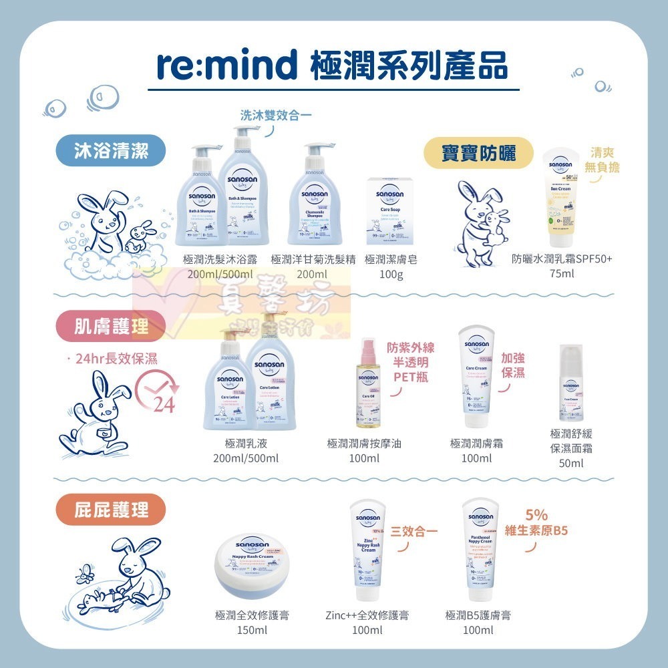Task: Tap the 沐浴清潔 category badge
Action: click(x=110, y=152)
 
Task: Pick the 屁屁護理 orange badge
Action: click(x=110, y=511)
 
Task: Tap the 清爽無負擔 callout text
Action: click(x=601, y=160)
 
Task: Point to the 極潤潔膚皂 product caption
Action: click(x=391, y=260)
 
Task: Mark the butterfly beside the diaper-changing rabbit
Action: click(x=86, y=574)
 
